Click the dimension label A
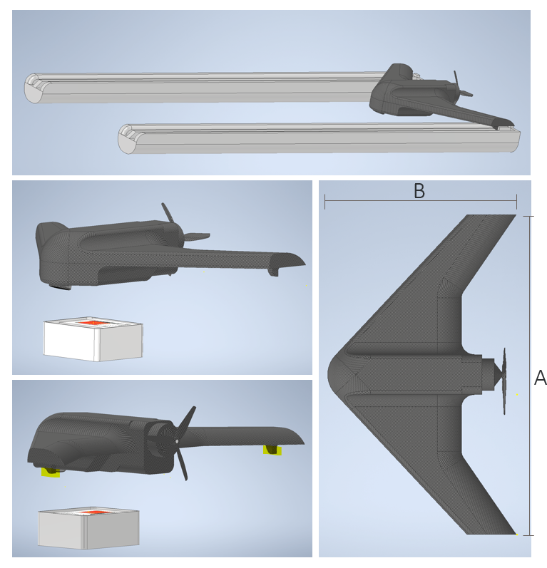click(x=540, y=378)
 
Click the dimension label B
click(x=419, y=191)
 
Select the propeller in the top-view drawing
click(x=505, y=381)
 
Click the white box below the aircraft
click(x=93, y=340)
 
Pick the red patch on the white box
click(x=93, y=324)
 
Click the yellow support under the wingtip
click(x=273, y=449)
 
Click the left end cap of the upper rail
click(x=34, y=88)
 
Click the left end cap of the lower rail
click(x=127, y=138)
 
